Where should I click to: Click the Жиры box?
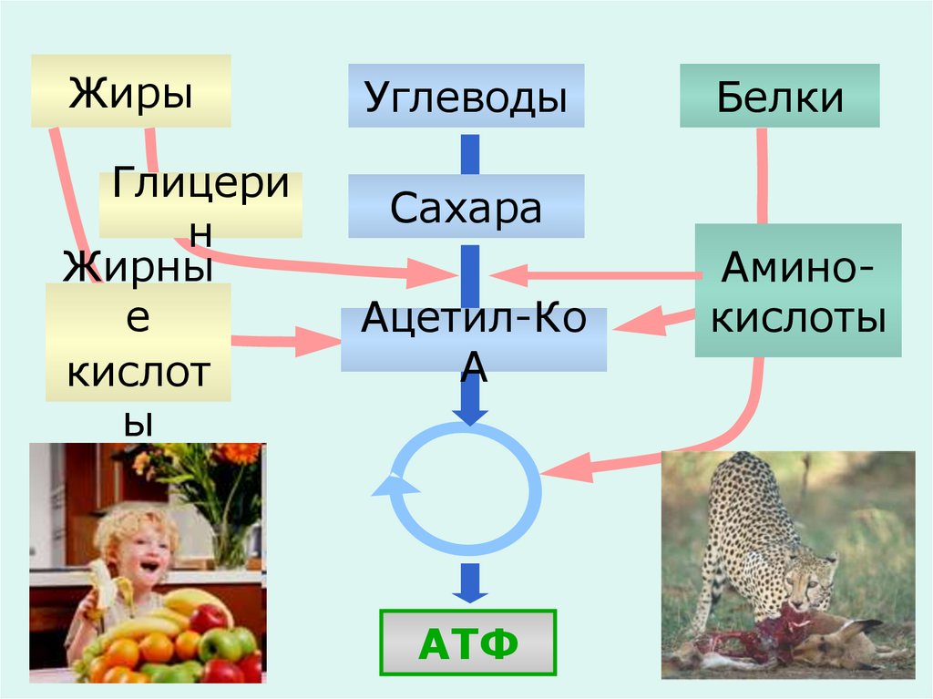click(x=130, y=90)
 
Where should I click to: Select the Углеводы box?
click(x=466, y=96)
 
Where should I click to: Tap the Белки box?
click(x=779, y=96)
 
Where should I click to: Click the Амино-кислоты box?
click(x=798, y=290)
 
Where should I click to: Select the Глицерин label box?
click(x=200, y=205)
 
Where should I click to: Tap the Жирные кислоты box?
click(x=138, y=342)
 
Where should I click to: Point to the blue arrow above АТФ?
click(x=469, y=581)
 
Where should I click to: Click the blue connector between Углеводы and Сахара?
click(x=469, y=153)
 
